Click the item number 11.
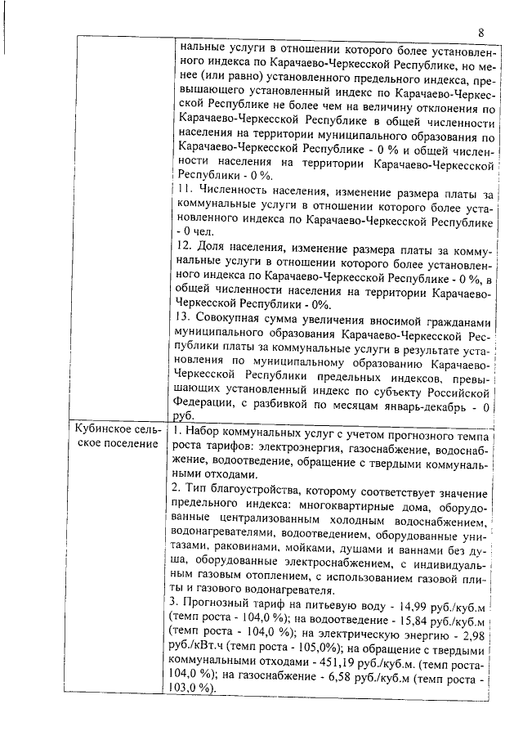pyautogui.click(x=183, y=190)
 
